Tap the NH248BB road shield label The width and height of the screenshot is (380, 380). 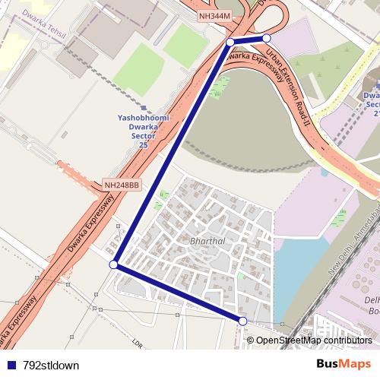122,185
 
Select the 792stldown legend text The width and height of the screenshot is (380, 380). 51,365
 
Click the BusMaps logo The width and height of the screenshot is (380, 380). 344,365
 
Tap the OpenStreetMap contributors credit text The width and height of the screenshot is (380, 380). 313,340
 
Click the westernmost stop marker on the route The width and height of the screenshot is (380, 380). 113,264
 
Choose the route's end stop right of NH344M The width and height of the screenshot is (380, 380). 267,38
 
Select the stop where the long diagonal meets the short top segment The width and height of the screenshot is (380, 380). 230,42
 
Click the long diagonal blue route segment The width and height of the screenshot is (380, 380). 171,152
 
